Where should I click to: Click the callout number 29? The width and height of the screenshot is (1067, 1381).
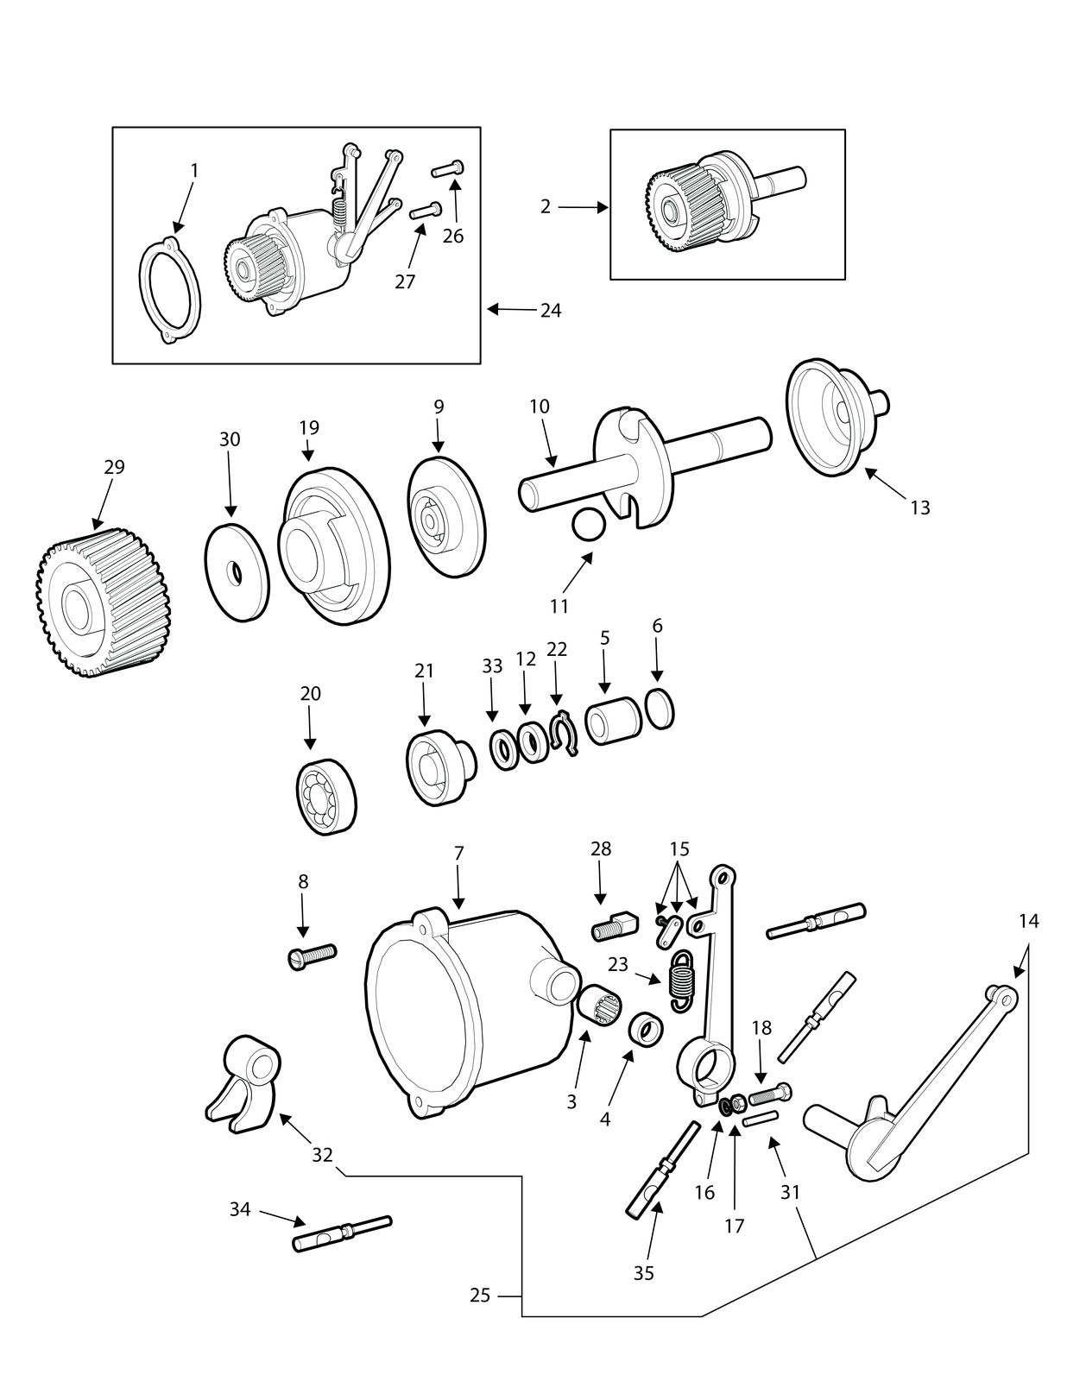pos(115,467)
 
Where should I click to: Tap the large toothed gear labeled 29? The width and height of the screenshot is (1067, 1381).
pos(98,602)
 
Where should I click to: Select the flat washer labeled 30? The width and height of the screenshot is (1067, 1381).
pos(237,572)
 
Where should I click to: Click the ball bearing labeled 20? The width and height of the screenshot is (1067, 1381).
pos(326,795)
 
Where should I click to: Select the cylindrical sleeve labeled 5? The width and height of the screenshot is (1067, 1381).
pos(613,720)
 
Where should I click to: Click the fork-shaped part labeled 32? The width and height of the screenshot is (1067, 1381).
pos(243,1093)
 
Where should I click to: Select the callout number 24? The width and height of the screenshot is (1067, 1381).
pos(551,311)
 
